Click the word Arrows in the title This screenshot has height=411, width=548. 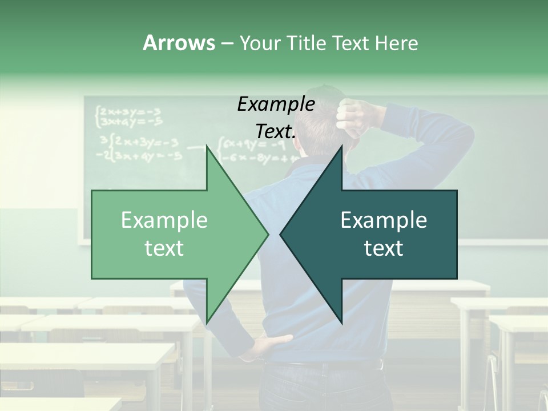click(179, 43)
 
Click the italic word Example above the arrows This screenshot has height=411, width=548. click(276, 104)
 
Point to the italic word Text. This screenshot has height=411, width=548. click(276, 131)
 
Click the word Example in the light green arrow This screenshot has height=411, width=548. click(164, 220)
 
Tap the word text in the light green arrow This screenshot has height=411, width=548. click(164, 248)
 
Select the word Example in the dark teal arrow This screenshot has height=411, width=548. click(384, 220)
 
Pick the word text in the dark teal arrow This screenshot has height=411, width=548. click(384, 248)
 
